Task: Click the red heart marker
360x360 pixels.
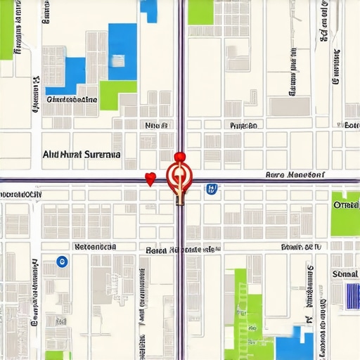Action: pyautogui.click(x=149, y=179)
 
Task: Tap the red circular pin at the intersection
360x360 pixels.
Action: pyautogui.click(x=179, y=174)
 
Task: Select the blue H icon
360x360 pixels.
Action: pyautogui.click(x=211, y=188)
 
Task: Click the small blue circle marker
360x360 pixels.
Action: pyautogui.click(x=61, y=262)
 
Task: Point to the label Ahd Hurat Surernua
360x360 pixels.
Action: pyautogui.click(x=81, y=153)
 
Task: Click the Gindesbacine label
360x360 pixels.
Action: pyautogui.click(x=71, y=100)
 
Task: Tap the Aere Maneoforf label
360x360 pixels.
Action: pyautogui.click(x=295, y=174)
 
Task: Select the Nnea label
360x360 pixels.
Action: pyautogui.click(x=156, y=125)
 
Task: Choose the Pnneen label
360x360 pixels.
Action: pyautogui.click(x=244, y=125)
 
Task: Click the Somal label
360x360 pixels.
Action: pyautogui.click(x=345, y=273)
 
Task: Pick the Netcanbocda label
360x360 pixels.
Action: pyautogui.click(x=95, y=247)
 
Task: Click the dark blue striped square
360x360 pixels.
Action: pyautogui.click(x=353, y=295)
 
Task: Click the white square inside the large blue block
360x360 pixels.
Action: pyautogui.click(x=117, y=60)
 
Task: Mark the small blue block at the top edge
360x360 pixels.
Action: pyautogui.click(x=148, y=10)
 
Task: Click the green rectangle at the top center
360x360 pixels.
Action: pyautogui.click(x=200, y=11)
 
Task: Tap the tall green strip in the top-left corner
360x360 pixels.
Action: pyautogui.click(x=7, y=28)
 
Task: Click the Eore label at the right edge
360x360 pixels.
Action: pyautogui.click(x=352, y=125)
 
